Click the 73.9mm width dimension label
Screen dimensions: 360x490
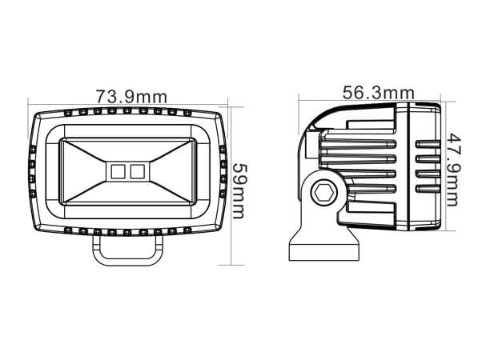[131, 96]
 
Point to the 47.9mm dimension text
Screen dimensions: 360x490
[453, 169]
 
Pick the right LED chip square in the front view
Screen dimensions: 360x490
[137, 170]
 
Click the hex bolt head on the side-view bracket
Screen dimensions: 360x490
[324, 192]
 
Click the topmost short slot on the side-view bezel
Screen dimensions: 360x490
[428, 144]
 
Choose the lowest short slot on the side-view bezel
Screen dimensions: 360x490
[428, 188]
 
